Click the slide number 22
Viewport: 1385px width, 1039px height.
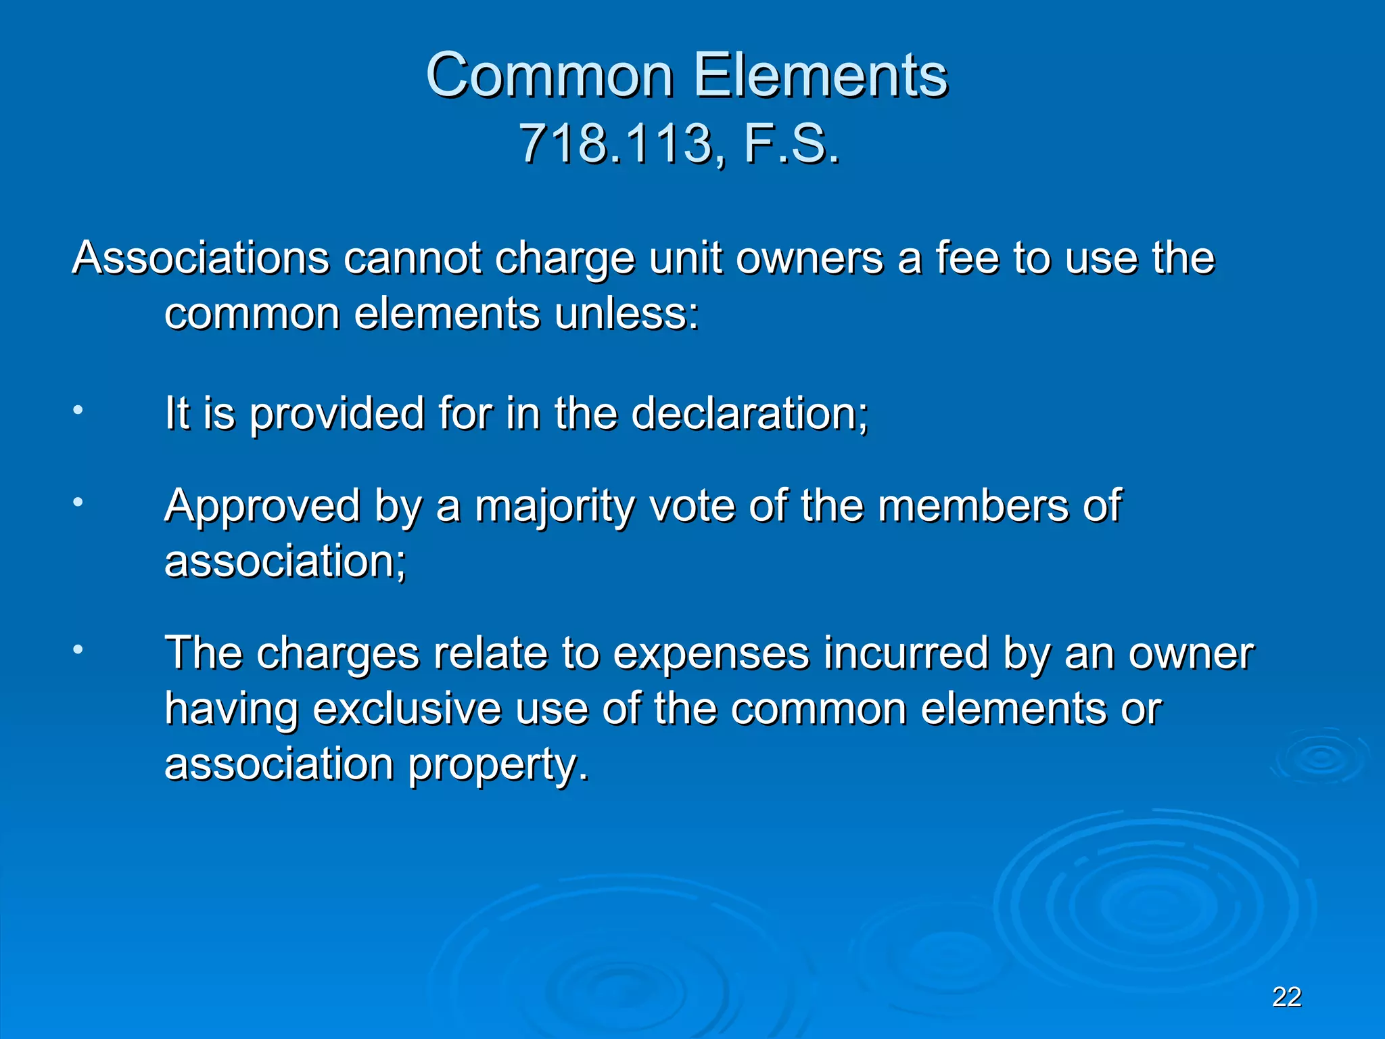(1286, 997)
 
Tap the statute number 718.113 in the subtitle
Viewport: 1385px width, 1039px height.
(615, 144)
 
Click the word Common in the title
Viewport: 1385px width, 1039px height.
(549, 75)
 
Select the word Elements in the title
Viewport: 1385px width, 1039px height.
(821, 75)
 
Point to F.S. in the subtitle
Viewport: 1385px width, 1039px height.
(792, 144)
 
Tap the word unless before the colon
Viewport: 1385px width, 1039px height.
(626, 314)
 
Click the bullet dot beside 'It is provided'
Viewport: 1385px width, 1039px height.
(78, 410)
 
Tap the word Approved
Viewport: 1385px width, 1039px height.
(262, 507)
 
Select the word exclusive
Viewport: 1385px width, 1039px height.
(407, 709)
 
